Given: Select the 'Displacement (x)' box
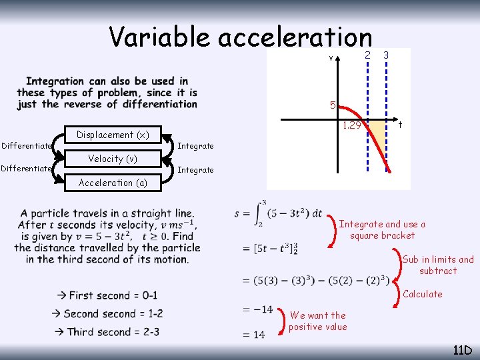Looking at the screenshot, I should tap(113, 135).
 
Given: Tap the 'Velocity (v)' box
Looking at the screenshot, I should tap(113, 159).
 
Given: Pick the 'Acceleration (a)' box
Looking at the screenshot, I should tap(113, 183).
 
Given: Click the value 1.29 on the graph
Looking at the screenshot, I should tap(352, 125).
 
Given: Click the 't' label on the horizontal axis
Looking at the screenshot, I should tap(399, 125).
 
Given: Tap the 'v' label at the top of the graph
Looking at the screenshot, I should tap(331, 57).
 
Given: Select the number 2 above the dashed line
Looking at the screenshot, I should tap(367, 54).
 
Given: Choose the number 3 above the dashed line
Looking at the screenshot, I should tap(386, 54).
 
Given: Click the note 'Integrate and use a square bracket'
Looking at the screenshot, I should tap(382, 230).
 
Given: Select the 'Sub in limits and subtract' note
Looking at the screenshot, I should tap(438, 265).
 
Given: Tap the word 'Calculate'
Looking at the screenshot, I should tap(423, 294).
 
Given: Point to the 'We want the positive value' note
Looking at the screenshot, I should tap(318, 321).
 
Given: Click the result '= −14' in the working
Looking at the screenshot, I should tap(258, 309).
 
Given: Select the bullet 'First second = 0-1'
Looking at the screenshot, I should tap(107, 295).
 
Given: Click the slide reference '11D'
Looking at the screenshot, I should tap(461, 350).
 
